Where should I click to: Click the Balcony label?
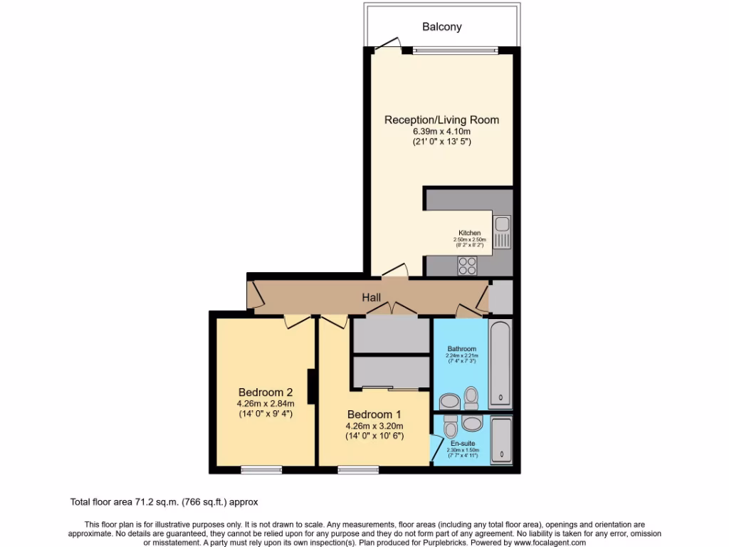441,27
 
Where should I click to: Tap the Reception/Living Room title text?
441,120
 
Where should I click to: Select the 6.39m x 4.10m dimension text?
441,131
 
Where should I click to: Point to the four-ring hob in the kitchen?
468,266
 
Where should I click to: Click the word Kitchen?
469,233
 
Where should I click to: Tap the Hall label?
370,298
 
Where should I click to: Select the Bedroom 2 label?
266,392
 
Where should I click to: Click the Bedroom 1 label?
374,415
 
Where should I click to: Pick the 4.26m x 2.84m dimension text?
266,403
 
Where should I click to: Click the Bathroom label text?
461,349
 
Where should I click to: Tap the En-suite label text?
462,443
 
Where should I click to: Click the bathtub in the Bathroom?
500,363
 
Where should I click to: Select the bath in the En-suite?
501,439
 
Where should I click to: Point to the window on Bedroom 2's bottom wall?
261,469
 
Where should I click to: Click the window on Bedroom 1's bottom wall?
358,469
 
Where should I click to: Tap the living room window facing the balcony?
454,50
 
